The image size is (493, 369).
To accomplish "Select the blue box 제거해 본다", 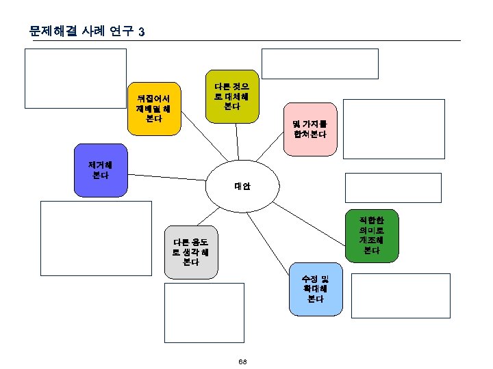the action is pyautogui.click(x=101, y=170).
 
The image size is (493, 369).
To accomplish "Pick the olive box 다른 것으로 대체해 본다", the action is pyautogui.click(x=233, y=96).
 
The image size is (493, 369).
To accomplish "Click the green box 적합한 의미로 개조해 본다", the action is pyautogui.click(x=372, y=236).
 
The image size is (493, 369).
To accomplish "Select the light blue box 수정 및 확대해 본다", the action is pyautogui.click(x=315, y=289).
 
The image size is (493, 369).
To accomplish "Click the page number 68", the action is pyautogui.click(x=243, y=361).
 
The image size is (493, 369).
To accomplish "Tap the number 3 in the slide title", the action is pyautogui.click(x=141, y=32).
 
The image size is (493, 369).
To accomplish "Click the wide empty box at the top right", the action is pyautogui.click(x=320, y=64).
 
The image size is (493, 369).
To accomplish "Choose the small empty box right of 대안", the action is pyautogui.click(x=392, y=188).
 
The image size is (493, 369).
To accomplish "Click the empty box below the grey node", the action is pyautogui.click(x=204, y=311).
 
